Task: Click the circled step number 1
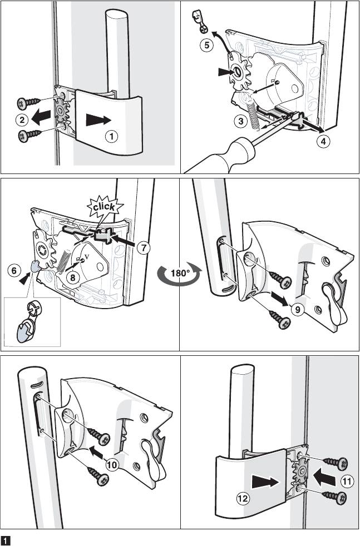[x=111, y=136]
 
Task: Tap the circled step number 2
[x=22, y=120]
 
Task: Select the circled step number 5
[x=207, y=45]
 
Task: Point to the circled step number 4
[x=324, y=141]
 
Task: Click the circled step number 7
[x=143, y=248]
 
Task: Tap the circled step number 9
[x=297, y=309]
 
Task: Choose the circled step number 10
[x=112, y=464]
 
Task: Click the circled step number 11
[x=347, y=482]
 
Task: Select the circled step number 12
[x=243, y=498]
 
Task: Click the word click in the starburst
[x=104, y=206]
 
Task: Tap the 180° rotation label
[x=179, y=273]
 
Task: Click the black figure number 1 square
[x=6, y=540]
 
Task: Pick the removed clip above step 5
[x=200, y=22]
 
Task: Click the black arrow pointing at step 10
[x=97, y=451]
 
